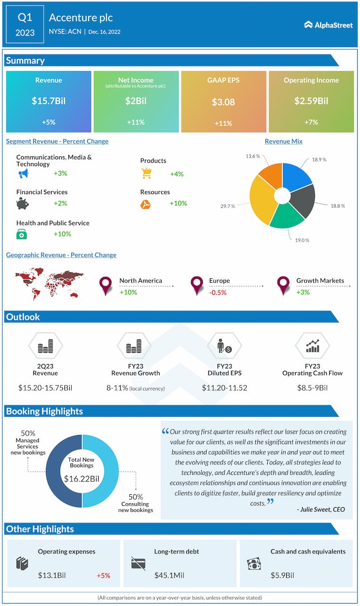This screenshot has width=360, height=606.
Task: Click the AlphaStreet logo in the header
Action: tap(328, 25)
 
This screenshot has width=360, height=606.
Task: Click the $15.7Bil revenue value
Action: tap(48, 101)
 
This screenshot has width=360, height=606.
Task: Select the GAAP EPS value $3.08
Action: tap(223, 102)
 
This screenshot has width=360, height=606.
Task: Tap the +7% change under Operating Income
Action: tap(311, 122)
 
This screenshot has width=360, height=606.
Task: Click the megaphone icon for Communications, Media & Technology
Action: tap(23, 174)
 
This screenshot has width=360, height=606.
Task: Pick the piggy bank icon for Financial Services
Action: tap(22, 204)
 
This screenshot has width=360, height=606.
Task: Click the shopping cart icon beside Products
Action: tap(146, 174)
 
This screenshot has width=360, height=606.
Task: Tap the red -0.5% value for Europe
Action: tap(218, 293)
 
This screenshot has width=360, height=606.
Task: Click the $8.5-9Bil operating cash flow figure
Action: tap(312, 388)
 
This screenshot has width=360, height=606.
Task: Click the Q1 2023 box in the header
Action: tap(25, 25)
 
